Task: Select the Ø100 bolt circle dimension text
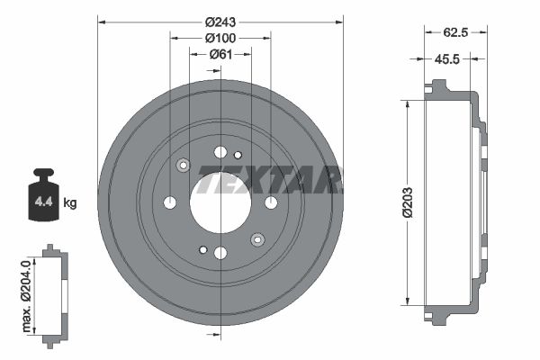point(220,37)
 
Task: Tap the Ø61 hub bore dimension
point(220,54)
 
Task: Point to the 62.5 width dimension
point(454,31)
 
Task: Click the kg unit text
point(70,203)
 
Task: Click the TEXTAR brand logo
point(270,180)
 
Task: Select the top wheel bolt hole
point(220,151)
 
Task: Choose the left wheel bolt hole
point(170,202)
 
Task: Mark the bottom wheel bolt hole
point(220,252)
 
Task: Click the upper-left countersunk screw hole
point(184,165)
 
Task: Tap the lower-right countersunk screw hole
point(257,238)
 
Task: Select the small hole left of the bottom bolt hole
point(204,249)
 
